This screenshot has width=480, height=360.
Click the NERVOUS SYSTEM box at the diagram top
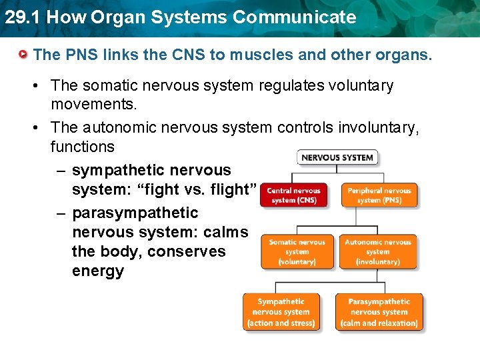(x=337, y=157)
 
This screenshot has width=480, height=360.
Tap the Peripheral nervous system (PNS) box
(x=379, y=195)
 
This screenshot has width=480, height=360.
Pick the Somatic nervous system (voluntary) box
(x=297, y=252)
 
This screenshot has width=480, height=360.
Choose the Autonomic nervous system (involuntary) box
(x=377, y=252)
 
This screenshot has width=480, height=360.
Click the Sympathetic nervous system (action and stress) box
(x=281, y=312)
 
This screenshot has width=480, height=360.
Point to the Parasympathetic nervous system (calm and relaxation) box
(x=379, y=312)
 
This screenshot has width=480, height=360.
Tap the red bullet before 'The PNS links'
(x=25, y=54)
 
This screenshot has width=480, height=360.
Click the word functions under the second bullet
(x=82, y=147)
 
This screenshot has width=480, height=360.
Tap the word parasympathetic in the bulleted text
(x=135, y=213)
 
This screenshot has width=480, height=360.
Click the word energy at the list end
(x=97, y=271)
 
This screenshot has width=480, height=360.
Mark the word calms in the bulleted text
(x=226, y=233)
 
